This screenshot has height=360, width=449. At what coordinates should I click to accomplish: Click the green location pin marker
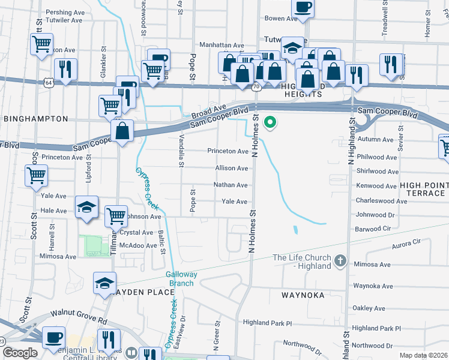point(270,123)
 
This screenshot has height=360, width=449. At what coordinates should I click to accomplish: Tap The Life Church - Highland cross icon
point(340,260)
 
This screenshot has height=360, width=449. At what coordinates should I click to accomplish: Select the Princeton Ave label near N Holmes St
point(228,151)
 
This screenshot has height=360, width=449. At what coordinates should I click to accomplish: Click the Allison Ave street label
point(231,169)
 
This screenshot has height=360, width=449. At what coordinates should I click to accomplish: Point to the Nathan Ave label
point(231,185)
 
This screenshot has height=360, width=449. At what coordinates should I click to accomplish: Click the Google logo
point(19,353)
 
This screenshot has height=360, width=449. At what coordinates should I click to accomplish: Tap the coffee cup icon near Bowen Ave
point(303,7)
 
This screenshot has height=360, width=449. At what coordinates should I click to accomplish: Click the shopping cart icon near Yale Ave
point(36,176)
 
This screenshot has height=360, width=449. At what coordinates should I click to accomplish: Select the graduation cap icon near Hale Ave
point(87,208)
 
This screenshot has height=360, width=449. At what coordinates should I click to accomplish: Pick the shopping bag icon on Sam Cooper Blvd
point(122,132)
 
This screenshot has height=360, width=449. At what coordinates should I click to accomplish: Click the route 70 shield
point(256,87)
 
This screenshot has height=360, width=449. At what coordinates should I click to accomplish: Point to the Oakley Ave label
point(369,308)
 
